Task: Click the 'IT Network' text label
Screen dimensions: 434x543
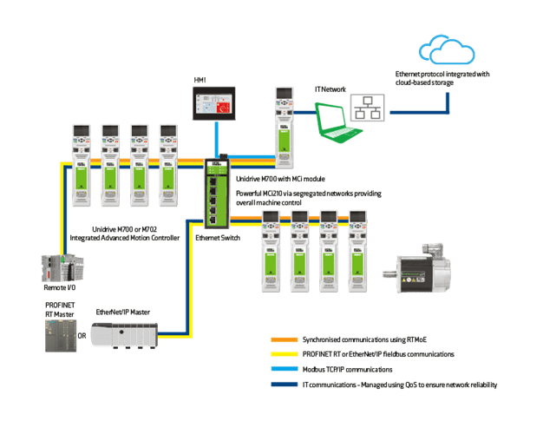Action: tap(329, 89)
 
